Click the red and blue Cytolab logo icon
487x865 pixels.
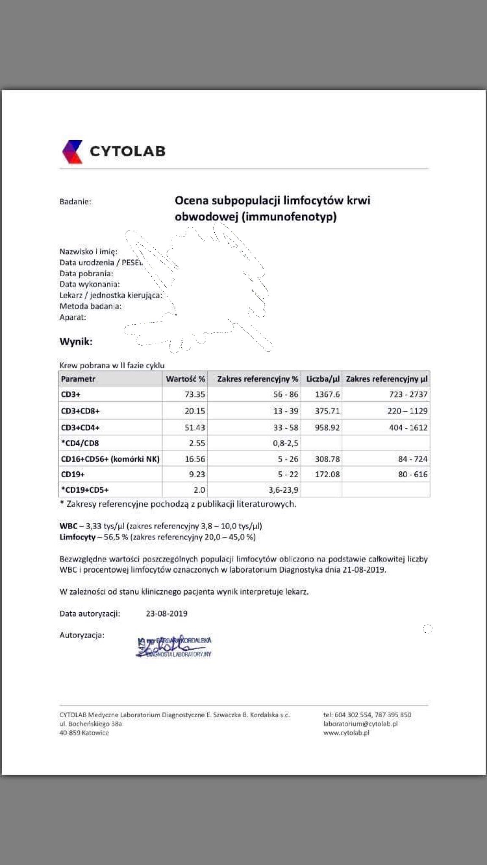click(x=72, y=151)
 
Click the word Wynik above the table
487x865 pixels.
click(x=76, y=342)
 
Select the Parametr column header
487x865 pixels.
click(x=78, y=379)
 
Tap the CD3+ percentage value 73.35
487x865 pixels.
click(x=195, y=394)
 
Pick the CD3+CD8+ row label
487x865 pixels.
click(x=80, y=411)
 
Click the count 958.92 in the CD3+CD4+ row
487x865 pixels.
click(x=327, y=427)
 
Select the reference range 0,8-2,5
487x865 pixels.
click(x=286, y=443)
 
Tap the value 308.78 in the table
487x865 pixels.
click(x=327, y=459)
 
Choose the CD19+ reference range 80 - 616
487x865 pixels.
click(x=413, y=474)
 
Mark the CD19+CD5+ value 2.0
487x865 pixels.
click(x=199, y=490)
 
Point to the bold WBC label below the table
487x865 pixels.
click(x=68, y=526)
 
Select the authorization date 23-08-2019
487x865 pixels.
click(x=167, y=614)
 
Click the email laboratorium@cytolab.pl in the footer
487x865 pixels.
click(x=361, y=724)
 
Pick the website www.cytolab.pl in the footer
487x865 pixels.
click(x=346, y=733)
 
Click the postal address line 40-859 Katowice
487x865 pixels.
click(x=84, y=733)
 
